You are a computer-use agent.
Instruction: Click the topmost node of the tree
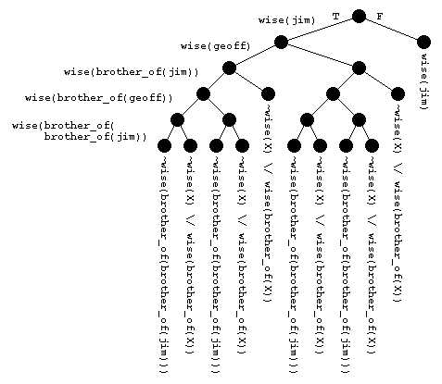pyautogui.click(x=359, y=16)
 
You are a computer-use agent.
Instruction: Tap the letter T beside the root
pyautogui.click(x=335, y=16)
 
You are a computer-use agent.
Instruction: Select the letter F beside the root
pyautogui.click(x=380, y=17)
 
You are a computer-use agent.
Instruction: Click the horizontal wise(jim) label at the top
pyautogui.click(x=287, y=19)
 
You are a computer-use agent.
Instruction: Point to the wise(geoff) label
pyautogui.click(x=211, y=44)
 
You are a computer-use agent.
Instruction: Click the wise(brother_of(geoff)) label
pyautogui.click(x=99, y=97)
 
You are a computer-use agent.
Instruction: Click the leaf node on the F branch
pyautogui.click(x=423, y=42)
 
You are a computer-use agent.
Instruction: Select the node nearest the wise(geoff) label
pyautogui.click(x=281, y=42)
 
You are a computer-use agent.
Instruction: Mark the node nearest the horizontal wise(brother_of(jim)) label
pyautogui.click(x=229, y=68)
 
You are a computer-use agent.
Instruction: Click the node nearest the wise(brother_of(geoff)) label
pyautogui.click(x=203, y=93)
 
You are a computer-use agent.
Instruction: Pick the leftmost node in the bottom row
pyautogui.click(x=164, y=145)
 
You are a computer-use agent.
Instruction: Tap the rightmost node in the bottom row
pyautogui.click(x=372, y=145)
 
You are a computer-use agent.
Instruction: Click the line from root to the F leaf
pyautogui.click(x=391, y=29)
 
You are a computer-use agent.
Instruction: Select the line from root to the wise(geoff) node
pyautogui.click(x=320, y=29)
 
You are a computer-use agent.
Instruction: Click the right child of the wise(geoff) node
pyautogui.click(x=359, y=68)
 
